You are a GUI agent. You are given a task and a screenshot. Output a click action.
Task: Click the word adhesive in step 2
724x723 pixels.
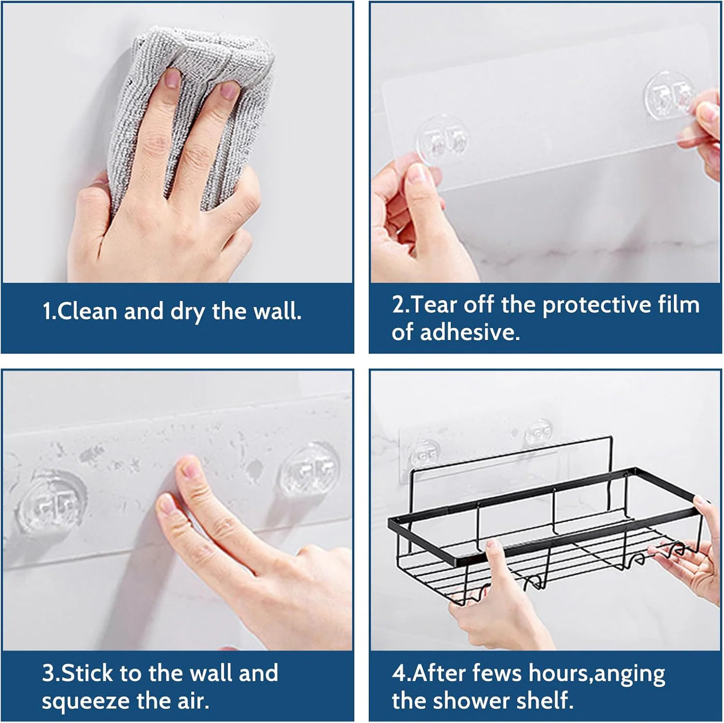pos(470,332)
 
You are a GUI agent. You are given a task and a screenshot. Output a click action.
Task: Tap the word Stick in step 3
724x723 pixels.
pos(87,673)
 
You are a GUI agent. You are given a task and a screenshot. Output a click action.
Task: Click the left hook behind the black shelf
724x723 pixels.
pos(424,453)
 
